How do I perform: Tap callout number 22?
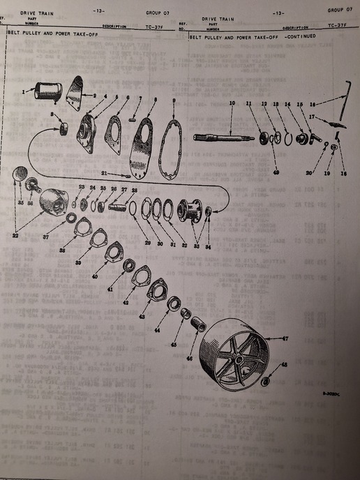(x=15, y=235)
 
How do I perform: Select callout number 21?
(x=103, y=174)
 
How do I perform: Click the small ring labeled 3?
(x=63, y=128)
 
